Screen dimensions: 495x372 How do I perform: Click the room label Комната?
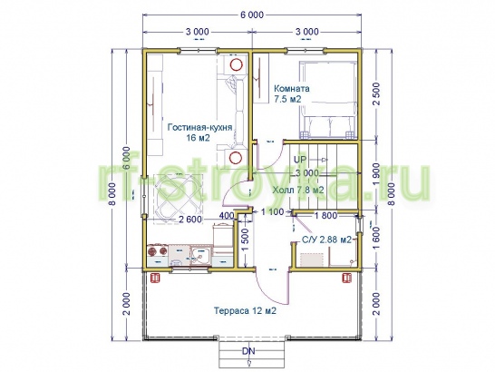[x=291, y=89]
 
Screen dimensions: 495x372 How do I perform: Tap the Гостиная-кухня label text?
[x=199, y=127]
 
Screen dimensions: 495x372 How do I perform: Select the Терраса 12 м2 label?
[x=246, y=311]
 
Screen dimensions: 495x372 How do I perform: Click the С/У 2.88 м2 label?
[x=326, y=240]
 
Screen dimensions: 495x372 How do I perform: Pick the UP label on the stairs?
[x=300, y=160]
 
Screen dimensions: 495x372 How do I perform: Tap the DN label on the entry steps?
[x=248, y=351]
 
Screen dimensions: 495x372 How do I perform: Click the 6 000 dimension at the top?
[x=252, y=15]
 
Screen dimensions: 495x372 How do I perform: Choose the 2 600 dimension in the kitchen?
[x=190, y=219]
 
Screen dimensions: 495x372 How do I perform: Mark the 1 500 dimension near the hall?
[x=246, y=240]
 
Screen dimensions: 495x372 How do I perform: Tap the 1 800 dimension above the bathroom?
[x=326, y=216]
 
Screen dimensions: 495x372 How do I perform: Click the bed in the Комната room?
[x=328, y=100]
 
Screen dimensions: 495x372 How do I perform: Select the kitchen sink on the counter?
[x=200, y=255]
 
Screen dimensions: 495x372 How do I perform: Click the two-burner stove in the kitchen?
[x=158, y=251]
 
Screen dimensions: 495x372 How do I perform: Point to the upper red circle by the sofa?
[x=236, y=65]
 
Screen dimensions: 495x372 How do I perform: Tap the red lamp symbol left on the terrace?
[x=156, y=278]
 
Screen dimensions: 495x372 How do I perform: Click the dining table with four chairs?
[x=179, y=199]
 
